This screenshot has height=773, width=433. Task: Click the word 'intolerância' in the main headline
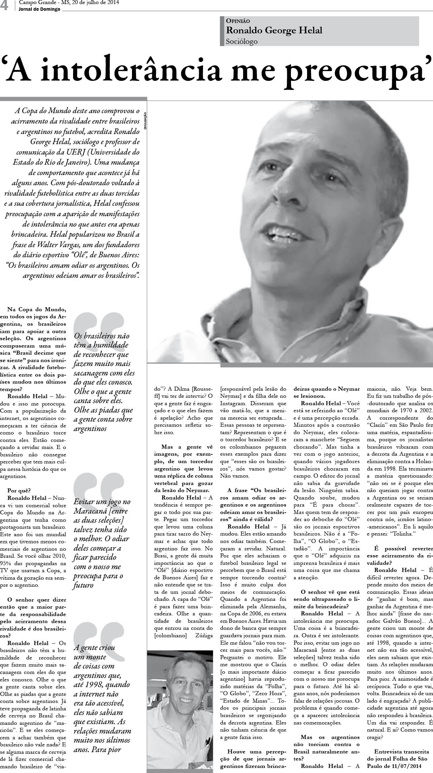coord(145,72)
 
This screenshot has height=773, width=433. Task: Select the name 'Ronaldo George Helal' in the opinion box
coord(274,30)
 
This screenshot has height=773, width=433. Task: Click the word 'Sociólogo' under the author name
coord(242,41)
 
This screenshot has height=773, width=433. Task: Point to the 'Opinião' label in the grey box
coord(238,21)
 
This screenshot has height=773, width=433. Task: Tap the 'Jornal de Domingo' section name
coord(40,9)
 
